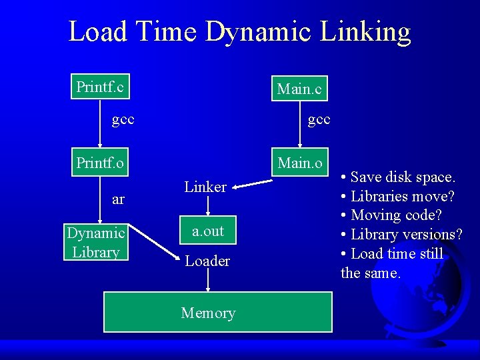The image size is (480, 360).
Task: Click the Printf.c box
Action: pyautogui.click(x=100, y=87)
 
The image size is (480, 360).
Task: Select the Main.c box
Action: pyautogui.click(x=299, y=89)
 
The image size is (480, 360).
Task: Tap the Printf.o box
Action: pyautogui.click(x=100, y=163)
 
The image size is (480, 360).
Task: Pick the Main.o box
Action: pyautogui.click(x=299, y=163)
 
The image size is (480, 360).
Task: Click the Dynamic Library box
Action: pyautogui.click(x=96, y=242)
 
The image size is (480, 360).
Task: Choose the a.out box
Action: pyautogui.click(x=208, y=231)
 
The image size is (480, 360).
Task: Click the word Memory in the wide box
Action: pyautogui.click(x=208, y=313)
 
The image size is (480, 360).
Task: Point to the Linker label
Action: pyautogui.click(x=205, y=187)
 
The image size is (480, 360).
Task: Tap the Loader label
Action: pyautogui.click(x=207, y=261)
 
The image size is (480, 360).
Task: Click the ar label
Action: pyautogui.click(x=118, y=199)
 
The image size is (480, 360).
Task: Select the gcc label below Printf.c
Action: pyautogui.click(x=123, y=119)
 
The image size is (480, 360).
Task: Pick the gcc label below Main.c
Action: pyautogui.click(x=319, y=119)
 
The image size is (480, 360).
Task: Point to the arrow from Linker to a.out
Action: pyautogui.click(x=208, y=207)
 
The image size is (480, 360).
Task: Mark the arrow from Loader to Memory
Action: pyautogui.click(x=208, y=280)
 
